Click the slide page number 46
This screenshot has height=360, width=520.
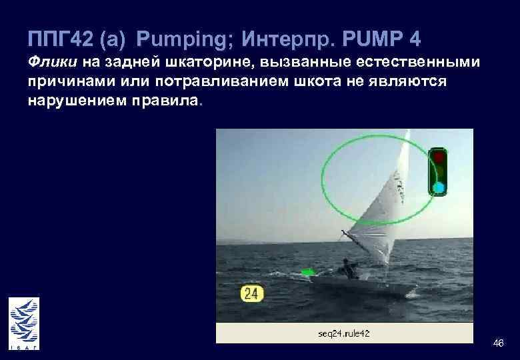point(497,343)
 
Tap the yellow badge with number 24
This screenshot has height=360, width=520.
point(252,293)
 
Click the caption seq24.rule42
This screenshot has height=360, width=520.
point(344,333)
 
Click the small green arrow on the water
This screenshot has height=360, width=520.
point(308,272)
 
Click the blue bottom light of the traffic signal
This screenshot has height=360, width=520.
point(438,187)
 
